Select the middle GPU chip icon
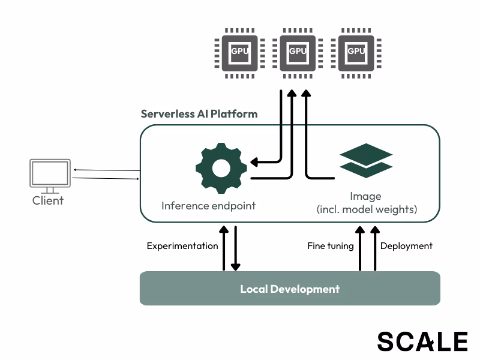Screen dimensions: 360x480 pyautogui.click(x=298, y=52)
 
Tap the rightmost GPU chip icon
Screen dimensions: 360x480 pyautogui.click(x=356, y=52)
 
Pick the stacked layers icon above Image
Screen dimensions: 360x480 pyautogui.click(x=366, y=160)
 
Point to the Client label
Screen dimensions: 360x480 pyautogui.click(x=48, y=200)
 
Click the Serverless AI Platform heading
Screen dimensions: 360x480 pyautogui.click(x=199, y=114)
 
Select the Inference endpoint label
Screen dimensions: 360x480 pyautogui.click(x=208, y=206)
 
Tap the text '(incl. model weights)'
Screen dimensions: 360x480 pyautogui.click(x=367, y=210)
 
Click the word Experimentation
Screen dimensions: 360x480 pyautogui.click(x=182, y=246)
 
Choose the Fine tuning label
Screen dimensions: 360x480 pyautogui.click(x=330, y=246)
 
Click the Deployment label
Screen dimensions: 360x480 pyautogui.click(x=406, y=246)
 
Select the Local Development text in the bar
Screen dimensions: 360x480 pyautogui.click(x=290, y=289)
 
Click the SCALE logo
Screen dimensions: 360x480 pyautogui.click(x=422, y=341)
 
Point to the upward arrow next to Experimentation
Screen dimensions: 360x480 pyautogui.click(x=224, y=247)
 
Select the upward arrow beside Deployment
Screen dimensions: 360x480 pyautogui.click(x=375, y=247)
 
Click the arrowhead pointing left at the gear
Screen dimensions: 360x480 pyautogui.click(x=254, y=162)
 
